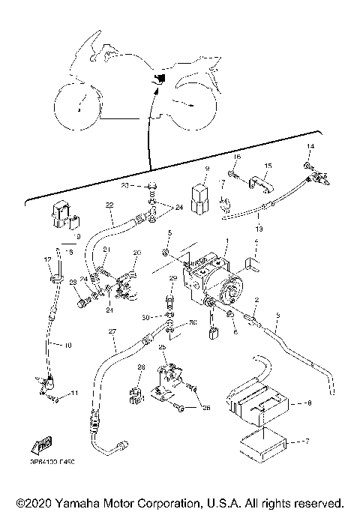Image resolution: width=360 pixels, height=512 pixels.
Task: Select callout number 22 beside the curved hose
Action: coord(109,205)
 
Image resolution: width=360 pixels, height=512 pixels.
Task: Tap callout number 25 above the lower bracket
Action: coord(162,347)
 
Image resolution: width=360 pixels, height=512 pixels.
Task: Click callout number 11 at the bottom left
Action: coord(73,393)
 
